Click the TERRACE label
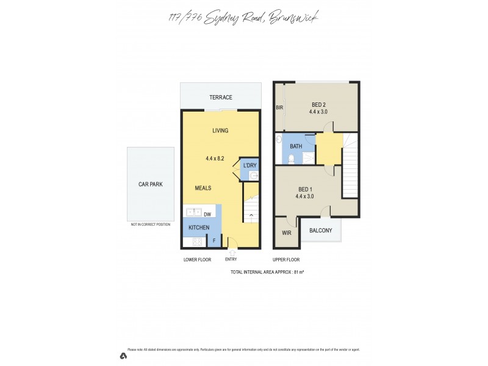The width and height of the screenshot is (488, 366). point(220,98)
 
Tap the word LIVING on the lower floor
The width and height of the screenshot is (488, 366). point(220,131)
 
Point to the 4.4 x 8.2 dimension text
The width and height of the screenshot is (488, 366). point(216,159)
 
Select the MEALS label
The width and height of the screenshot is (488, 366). point(203,188)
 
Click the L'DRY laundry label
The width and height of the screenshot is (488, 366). point(249,166)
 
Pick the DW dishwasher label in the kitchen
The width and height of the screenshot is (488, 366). point(207,214)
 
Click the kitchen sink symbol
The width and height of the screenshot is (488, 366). point(193,213)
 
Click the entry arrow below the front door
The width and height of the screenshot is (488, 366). point(232,251)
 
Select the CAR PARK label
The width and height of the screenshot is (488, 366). point(150,184)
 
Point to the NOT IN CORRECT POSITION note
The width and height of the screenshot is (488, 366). point(150,224)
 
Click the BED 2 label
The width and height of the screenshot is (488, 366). point(318,104)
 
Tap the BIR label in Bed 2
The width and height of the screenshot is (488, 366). point(279,107)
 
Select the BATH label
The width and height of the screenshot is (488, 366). point(296,146)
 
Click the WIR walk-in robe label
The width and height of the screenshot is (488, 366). point(286,233)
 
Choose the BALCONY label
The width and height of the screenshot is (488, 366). point(321,231)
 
